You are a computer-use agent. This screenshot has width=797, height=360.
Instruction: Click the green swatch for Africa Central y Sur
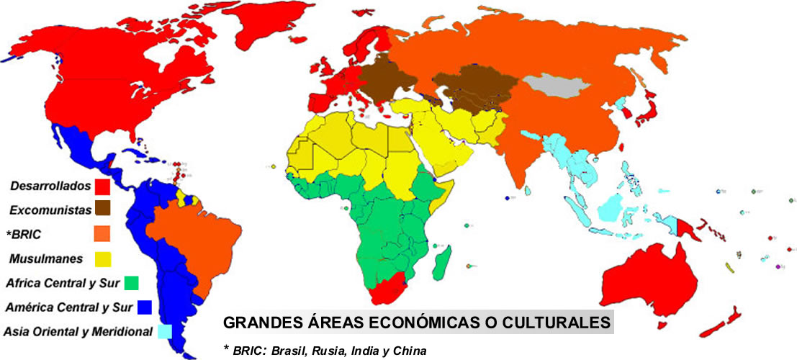[130, 282]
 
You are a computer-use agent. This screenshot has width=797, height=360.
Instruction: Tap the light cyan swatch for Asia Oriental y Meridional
[165, 331]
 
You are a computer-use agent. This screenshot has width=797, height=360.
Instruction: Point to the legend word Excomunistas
[49, 210]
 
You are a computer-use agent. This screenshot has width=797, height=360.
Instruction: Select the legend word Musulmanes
[45, 258]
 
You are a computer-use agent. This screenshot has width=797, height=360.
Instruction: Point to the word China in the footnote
[410, 351]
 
